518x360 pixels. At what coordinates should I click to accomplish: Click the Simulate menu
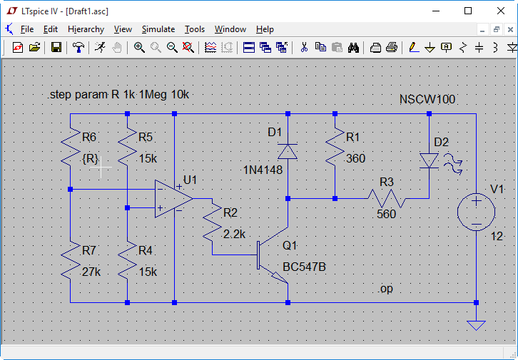click(158, 29)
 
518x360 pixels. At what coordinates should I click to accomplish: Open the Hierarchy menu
click(86, 29)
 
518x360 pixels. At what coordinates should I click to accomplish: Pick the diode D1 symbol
click(288, 151)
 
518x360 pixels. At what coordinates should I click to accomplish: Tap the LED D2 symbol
click(429, 160)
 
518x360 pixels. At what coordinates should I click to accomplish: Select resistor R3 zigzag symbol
click(386, 198)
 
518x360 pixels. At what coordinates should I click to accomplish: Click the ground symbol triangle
click(476, 325)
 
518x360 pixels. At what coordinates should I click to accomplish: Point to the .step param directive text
click(118, 94)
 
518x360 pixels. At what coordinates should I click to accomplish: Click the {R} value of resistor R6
click(91, 159)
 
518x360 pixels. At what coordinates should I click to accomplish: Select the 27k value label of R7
click(91, 272)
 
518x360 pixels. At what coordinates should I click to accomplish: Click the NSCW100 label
click(427, 99)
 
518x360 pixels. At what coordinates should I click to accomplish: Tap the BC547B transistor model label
click(305, 267)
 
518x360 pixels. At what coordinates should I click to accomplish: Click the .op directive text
click(385, 289)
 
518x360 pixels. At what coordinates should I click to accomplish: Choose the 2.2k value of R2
click(234, 234)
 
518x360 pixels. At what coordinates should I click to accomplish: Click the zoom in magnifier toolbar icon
click(139, 48)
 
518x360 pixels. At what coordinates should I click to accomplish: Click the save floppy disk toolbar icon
click(56, 48)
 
